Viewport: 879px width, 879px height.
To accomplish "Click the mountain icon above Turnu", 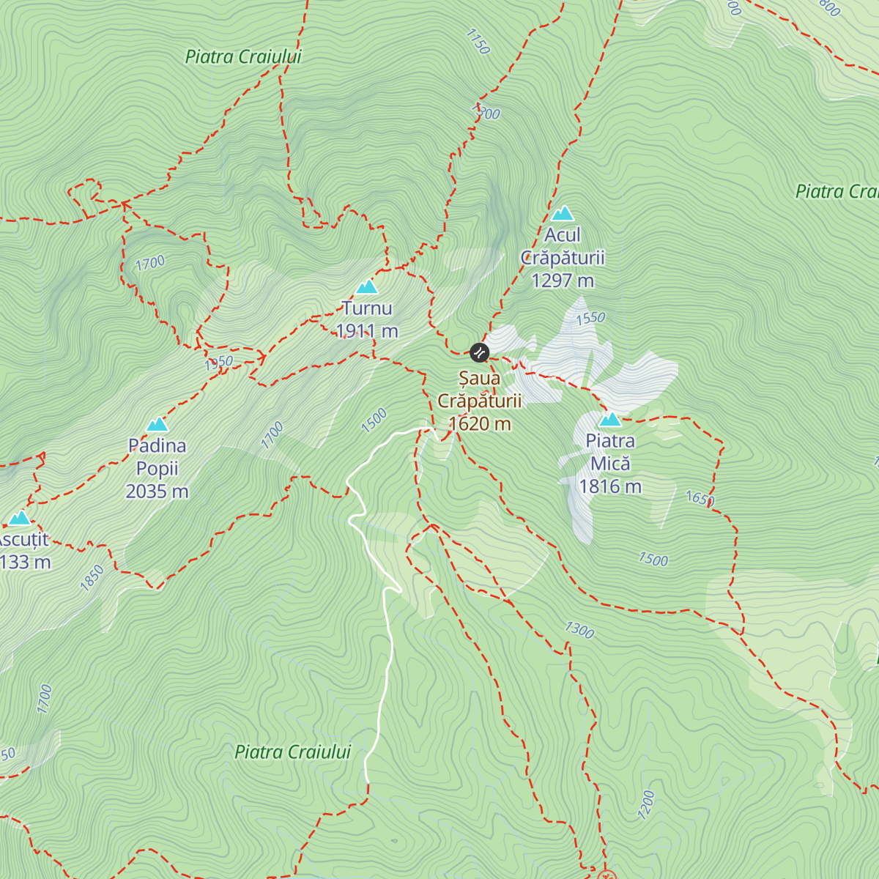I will pyautogui.click(x=366, y=286).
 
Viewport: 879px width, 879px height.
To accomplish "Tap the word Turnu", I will pyautogui.click(x=367, y=308).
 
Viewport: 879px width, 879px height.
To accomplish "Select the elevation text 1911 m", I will pyautogui.click(x=367, y=331).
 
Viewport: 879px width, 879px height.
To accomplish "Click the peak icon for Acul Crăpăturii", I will pyautogui.click(x=562, y=213).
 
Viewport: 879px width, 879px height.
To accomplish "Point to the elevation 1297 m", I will pyautogui.click(x=563, y=281).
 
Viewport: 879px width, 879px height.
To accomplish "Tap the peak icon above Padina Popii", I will pyautogui.click(x=157, y=424).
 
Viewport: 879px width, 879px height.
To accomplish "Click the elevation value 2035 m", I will pyautogui.click(x=157, y=491).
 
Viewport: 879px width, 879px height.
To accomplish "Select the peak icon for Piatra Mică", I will pyautogui.click(x=610, y=420).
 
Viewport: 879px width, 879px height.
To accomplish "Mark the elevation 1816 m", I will pyautogui.click(x=610, y=486).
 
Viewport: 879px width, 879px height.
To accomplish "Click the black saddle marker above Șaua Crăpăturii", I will pyautogui.click(x=479, y=352).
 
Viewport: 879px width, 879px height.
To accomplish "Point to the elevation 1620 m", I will pyautogui.click(x=480, y=423).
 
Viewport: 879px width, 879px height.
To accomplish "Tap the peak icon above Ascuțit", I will pyautogui.click(x=19, y=519).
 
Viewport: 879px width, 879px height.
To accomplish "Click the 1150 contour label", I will pyautogui.click(x=477, y=42).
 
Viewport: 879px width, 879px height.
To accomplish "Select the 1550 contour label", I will pyautogui.click(x=590, y=318).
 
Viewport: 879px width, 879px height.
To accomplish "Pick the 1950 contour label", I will pyautogui.click(x=218, y=362).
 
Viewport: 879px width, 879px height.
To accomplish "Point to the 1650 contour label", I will pyautogui.click(x=700, y=499).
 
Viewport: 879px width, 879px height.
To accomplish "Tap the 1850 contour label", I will pyautogui.click(x=92, y=577).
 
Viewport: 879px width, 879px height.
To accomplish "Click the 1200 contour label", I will pyautogui.click(x=646, y=804).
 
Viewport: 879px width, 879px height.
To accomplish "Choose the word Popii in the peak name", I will pyautogui.click(x=157, y=468).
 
